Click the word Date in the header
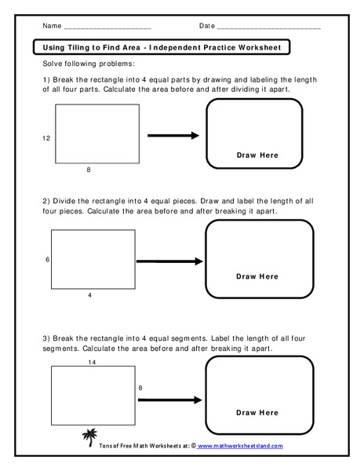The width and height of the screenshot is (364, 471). (x=206, y=26)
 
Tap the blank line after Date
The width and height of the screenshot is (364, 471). (x=268, y=28)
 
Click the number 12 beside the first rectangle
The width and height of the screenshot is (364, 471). (x=46, y=138)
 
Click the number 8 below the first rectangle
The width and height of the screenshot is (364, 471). (x=88, y=170)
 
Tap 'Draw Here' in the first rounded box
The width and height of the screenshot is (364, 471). (x=257, y=155)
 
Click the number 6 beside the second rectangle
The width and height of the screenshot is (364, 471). (x=48, y=260)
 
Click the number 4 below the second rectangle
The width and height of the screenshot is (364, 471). (x=89, y=295)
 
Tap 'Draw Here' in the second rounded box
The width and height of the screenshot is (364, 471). (x=257, y=276)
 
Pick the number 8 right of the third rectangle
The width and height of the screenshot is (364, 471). (x=140, y=387)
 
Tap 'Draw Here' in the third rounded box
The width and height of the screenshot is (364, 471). (x=257, y=412)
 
